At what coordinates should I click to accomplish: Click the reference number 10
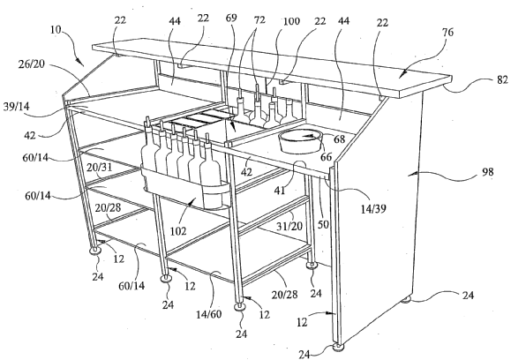[56, 30]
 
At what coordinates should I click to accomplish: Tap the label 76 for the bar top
[447, 33]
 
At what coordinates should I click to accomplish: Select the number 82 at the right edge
[502, 79]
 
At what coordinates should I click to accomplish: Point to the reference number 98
[487, 172]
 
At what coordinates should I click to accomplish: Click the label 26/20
[31, 64]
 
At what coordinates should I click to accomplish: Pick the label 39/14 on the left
[16, 107]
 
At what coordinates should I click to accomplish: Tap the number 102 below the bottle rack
[178, 231]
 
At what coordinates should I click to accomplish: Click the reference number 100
[291, 21]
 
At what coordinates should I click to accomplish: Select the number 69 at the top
[231, 18]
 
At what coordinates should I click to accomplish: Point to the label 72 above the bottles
[259, 20]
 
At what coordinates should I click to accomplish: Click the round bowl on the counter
[300, 141]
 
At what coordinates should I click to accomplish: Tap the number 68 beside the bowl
[339, 139]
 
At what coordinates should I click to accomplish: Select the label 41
[280, 190]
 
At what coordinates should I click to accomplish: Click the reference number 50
[324, 224]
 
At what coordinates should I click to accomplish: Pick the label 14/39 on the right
[373, 208]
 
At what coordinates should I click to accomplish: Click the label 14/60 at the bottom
[209, 314]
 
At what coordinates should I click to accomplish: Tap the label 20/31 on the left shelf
[100, 168]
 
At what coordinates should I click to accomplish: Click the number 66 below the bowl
[326, 157]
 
